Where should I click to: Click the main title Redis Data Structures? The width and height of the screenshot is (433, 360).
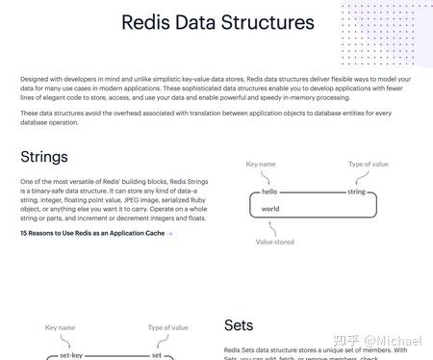click(217, 22)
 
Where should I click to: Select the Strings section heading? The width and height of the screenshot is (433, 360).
click(43, 156)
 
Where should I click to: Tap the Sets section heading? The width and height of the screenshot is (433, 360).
click(239, 325)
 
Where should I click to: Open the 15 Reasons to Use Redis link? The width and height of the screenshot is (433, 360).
click(92, 233)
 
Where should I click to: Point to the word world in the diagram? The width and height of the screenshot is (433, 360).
click(270, 208)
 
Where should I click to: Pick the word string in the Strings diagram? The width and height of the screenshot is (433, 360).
click(356, 193)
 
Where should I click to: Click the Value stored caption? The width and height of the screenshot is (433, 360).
click(274, 242)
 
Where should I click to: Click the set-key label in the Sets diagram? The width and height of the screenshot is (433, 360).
click(72, 355)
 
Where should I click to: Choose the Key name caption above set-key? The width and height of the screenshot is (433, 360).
click(60, 328)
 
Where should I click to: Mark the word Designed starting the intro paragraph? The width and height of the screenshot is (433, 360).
click(34, 78)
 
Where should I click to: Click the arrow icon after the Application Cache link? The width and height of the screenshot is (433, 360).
click(169, 233)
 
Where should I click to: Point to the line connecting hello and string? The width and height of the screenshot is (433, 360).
click(310, 193)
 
